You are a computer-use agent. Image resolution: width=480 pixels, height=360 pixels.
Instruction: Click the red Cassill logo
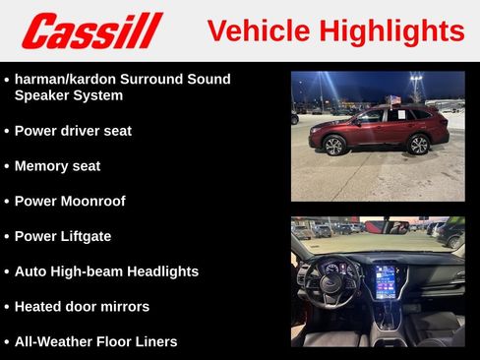91,30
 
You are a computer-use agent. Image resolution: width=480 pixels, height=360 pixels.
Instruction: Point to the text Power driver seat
73,131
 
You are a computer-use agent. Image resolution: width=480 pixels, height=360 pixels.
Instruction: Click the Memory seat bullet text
57,166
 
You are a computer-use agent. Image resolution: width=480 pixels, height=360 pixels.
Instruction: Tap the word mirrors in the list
124,307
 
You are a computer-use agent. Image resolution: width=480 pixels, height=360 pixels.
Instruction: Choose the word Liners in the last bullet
152,342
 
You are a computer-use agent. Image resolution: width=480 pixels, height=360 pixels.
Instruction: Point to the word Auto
31,271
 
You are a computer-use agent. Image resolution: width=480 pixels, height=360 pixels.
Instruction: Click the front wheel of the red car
333,146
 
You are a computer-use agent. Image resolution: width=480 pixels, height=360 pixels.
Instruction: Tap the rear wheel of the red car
418,145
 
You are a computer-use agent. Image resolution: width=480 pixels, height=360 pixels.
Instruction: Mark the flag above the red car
395,99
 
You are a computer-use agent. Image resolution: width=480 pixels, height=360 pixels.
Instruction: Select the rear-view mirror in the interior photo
398,228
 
